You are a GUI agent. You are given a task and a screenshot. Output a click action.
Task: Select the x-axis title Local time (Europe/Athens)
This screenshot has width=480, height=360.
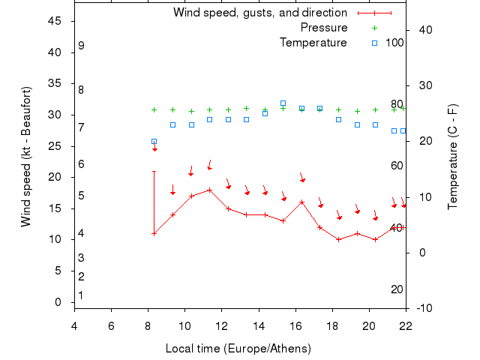point(238,349)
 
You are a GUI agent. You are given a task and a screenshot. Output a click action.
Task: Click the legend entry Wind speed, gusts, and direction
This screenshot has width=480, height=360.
point(259,13)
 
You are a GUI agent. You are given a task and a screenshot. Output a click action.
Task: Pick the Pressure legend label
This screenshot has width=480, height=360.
point(323,28)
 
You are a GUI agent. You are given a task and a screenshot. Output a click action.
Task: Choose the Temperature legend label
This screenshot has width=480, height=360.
point(313,43)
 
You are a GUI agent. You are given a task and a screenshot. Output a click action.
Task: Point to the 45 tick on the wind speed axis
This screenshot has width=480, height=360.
point(55,21)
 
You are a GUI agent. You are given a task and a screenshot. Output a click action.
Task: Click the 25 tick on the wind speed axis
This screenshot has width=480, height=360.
point(55,146)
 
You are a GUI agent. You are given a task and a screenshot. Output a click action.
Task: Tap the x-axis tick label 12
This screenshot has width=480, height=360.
point(222,325)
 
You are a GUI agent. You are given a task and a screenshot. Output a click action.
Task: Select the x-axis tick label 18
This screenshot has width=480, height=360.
point(332,325)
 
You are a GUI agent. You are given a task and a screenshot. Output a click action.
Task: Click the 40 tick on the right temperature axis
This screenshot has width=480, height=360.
point(426,30)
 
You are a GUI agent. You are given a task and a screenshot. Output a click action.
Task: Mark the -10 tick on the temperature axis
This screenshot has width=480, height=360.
point(424,308)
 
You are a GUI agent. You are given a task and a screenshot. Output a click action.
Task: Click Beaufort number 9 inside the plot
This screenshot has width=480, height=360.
point(81,46)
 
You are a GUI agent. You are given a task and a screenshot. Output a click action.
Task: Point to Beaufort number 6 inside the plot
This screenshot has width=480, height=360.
point(81,164)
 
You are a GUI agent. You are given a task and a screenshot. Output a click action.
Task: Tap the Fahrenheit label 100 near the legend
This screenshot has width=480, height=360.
point(394,43)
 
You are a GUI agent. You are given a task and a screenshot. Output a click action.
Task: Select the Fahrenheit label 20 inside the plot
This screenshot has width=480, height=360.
point(397,289)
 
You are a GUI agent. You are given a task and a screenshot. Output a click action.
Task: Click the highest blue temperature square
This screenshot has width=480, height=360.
point(283,103)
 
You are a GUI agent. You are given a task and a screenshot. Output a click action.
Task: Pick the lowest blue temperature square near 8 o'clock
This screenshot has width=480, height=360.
point(154,141)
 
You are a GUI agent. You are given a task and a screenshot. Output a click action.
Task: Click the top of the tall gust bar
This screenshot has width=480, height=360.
point(154,171)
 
